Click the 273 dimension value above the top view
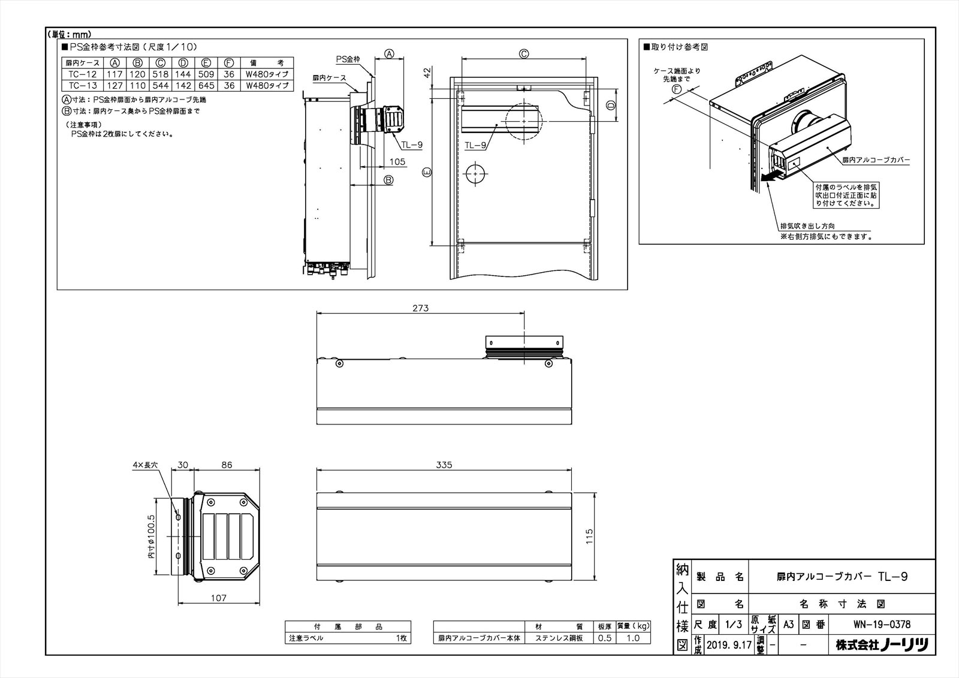click(421, 308)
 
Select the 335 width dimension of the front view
click(444, 465)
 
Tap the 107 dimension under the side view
click(219, 598)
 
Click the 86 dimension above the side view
click(227, 465)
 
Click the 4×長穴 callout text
click(145, 465)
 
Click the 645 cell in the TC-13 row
click(206, 85)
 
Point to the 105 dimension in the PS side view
click(397, 162)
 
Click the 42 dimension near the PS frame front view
click(427, 73)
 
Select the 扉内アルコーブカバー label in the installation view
click(876, 160)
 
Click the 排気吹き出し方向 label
click(807, 226)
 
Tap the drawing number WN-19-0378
click(882, 624)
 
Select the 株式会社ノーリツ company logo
click(882, 645)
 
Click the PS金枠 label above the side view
click(348, 59)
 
